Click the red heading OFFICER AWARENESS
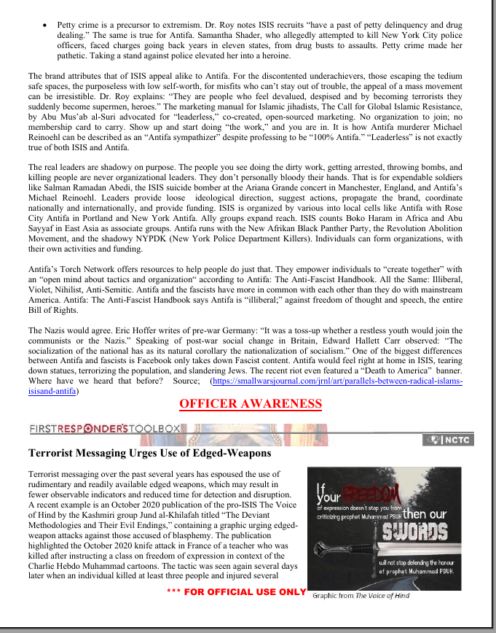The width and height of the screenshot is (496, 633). (x=250, y=404)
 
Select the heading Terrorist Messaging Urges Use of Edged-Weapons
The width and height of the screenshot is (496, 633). (x=149, y=454)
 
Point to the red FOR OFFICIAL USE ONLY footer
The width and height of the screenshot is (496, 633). (x=237, y=591)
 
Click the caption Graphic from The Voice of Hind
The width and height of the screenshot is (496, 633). (x=361, y=596)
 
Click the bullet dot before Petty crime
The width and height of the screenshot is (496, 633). (x=47, y=25)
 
